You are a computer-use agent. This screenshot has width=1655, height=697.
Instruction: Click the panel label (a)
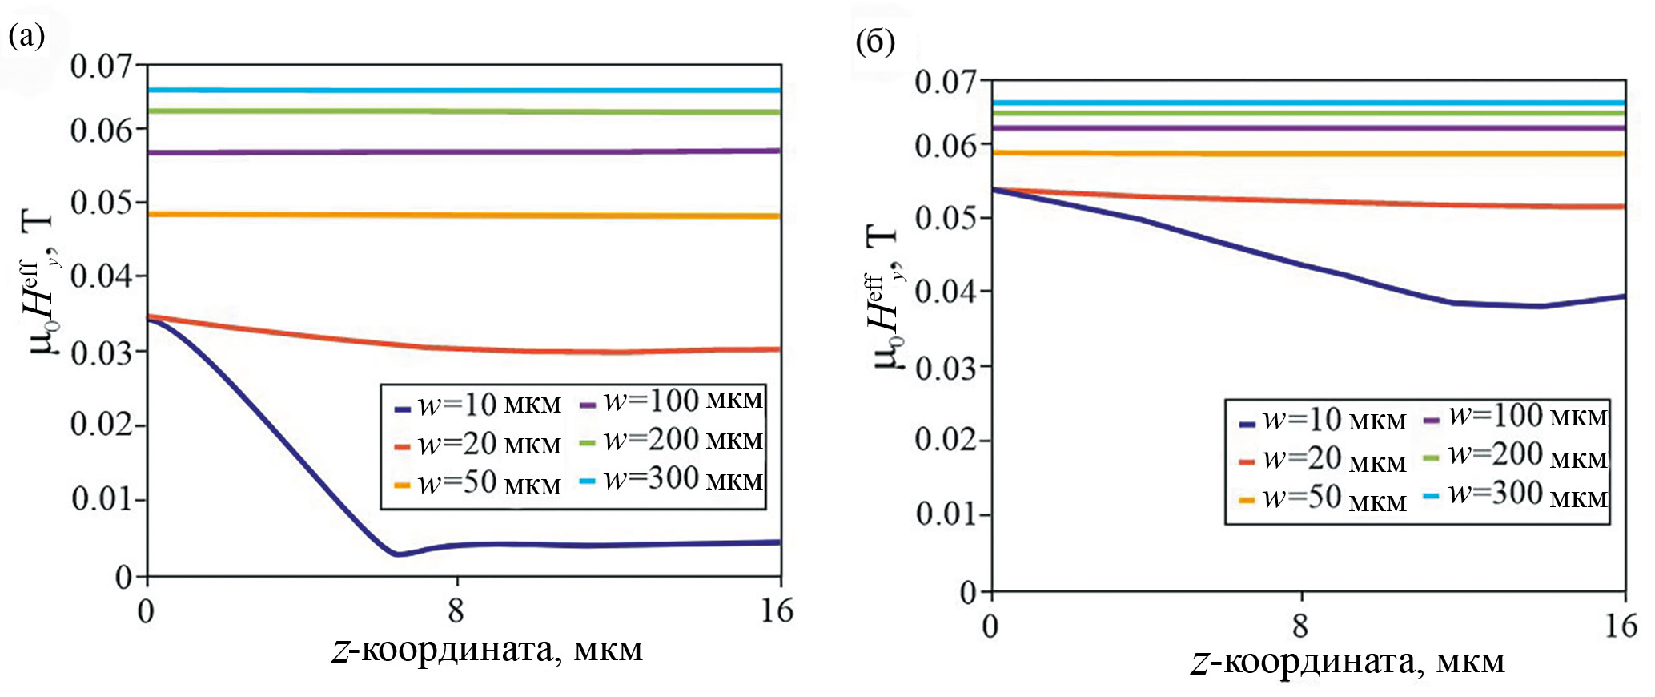point(26,36)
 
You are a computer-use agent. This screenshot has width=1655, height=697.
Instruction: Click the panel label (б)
point(875,42)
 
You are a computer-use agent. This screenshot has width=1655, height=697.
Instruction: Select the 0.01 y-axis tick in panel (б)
point(948,514)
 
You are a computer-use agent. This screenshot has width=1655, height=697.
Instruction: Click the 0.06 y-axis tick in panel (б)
point(948,147)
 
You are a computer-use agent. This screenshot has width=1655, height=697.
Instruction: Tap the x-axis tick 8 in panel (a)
point(456,611)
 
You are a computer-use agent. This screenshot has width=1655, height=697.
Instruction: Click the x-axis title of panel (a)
point(488,650)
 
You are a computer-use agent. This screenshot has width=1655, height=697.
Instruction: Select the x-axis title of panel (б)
point(1348,663)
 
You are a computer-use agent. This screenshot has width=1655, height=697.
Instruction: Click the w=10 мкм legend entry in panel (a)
point(479,405)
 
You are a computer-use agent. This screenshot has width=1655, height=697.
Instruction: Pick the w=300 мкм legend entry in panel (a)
point(673,480)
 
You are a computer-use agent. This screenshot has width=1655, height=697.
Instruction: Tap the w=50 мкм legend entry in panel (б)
point(1324,499)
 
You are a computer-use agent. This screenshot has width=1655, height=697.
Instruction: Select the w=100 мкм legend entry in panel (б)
point(1518,417)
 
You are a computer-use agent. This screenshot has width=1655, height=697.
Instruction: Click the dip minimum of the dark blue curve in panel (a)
point(398,554)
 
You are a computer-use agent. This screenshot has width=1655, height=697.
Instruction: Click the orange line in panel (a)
point(464,215)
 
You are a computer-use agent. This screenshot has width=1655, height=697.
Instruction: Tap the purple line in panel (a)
point(464,151)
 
